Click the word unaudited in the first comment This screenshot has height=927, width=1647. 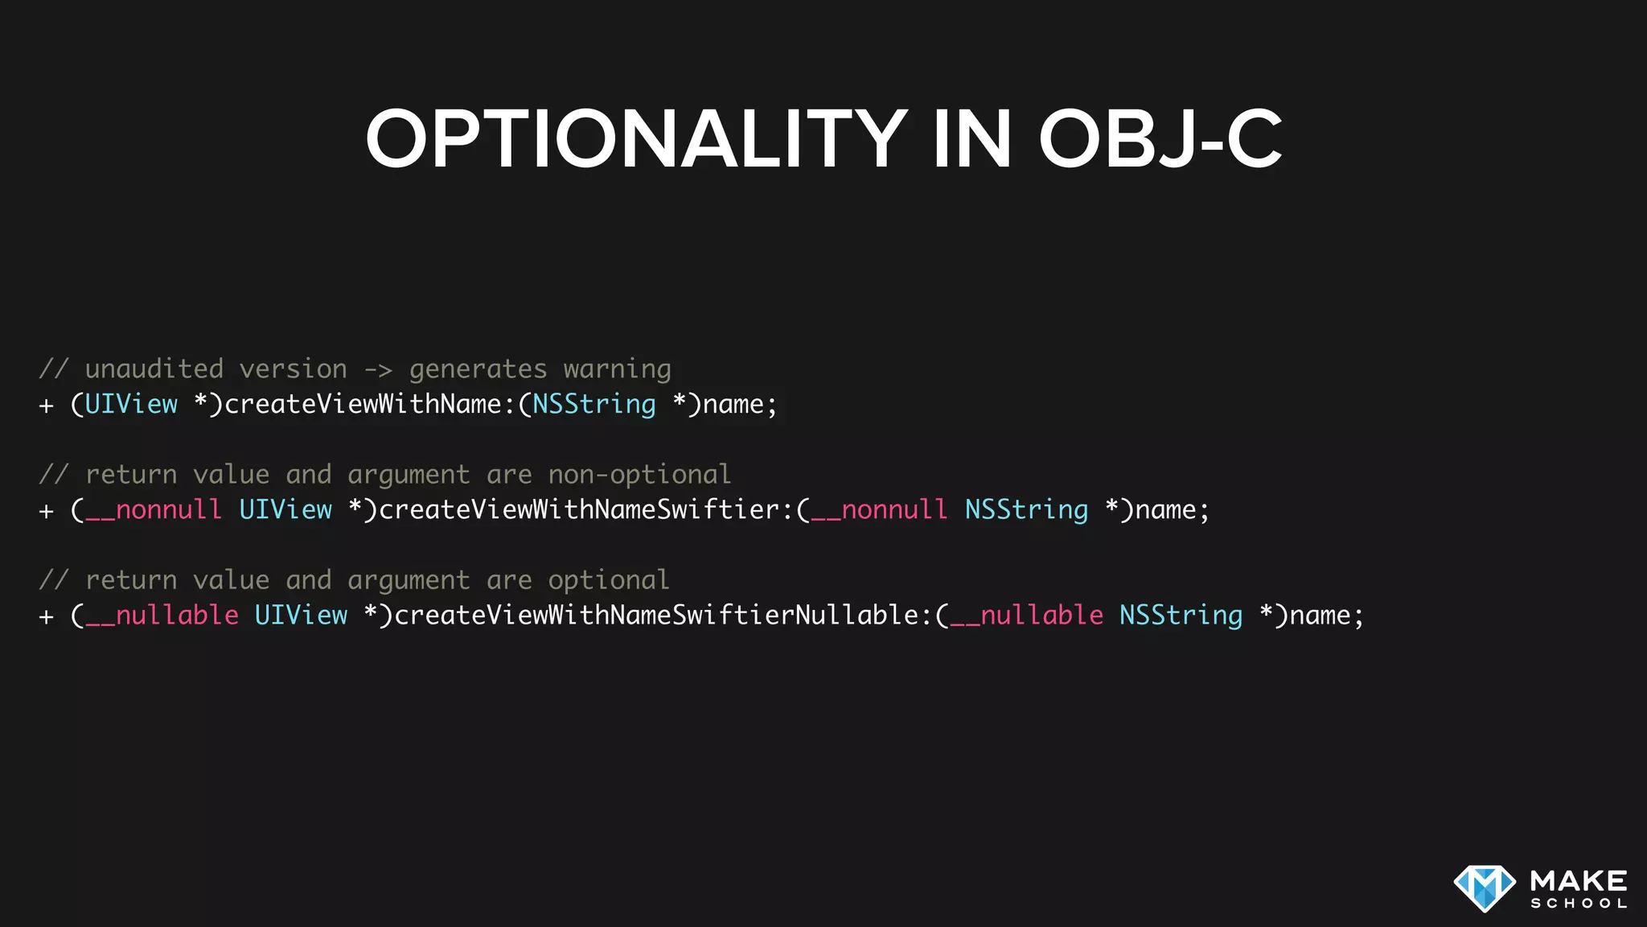pos(154,369)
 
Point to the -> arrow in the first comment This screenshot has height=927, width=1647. pos(378,370)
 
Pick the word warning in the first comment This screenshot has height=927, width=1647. pos(617,370)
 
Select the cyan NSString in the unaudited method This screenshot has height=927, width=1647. pos(593,404)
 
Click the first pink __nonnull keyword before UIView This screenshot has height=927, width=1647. pos(154,510)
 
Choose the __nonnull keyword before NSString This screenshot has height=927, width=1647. pos(879,510)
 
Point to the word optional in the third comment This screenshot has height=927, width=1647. pos(608,580)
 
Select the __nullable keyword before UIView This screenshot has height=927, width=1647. pos(162,616)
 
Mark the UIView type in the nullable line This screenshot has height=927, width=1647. pos(301,616)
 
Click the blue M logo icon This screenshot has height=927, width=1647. pos(1484,888)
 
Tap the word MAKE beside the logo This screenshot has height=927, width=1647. pos(1579,880)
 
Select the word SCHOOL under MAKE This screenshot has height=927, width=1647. pos(1579,904)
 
